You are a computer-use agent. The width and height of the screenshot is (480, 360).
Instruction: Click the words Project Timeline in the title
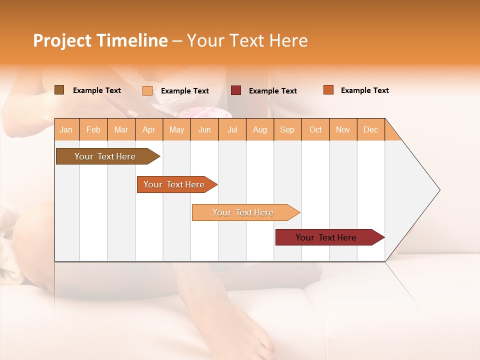pyautogui.click(x=100, y=40)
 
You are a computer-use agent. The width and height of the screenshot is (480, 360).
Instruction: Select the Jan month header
pyautogui.click(x=66, y=129)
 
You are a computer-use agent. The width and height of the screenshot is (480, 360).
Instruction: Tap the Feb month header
pyautogui.click(x=93, y=129)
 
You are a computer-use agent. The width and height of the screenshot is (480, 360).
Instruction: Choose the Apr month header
pyautogui.click(x=148, y=129)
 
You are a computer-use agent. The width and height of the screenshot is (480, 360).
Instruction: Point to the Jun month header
pyautogui.click(x=204, y=129)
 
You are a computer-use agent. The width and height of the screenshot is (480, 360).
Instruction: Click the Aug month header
pyautogui.click(x=259, y=129)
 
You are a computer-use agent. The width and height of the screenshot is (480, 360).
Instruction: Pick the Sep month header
pyautogui.click(x=287, y=129)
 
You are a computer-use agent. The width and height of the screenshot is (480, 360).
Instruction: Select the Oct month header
pyautogui.click(x=315, y=129)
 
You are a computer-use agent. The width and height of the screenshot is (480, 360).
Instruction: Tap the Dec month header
pyautogui.click(x=370, y=129)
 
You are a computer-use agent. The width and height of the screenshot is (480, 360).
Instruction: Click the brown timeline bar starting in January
pyautogui.click(x=105, y=156)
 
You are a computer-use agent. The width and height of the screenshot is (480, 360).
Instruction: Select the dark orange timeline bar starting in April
pyautogui.click(x=174, y=184)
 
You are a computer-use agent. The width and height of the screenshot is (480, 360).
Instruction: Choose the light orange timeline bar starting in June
pyautogui.click(x=243, y=212)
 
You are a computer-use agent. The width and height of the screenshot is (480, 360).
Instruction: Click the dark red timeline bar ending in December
pyautogui.click(x=326, y=237)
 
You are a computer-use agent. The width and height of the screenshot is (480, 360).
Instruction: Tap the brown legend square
pyautogui.click(x=59, y=90)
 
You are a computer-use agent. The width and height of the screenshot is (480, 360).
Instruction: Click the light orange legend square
pyautogui.click(x=147, y=90)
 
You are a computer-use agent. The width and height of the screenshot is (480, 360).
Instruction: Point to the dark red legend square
pyautogui.click(x=236, y=90)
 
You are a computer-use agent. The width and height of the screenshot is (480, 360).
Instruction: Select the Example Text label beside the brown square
pyautogui.click(x=97, y=90)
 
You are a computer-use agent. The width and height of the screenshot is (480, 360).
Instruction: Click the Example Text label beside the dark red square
pyautogui.click(x=273, y=91)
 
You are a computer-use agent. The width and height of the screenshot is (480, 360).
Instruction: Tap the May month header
pyautogui.click(x=176, y=129)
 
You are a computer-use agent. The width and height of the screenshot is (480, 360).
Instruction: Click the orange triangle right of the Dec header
pyautogui.click(x=391, y=133)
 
